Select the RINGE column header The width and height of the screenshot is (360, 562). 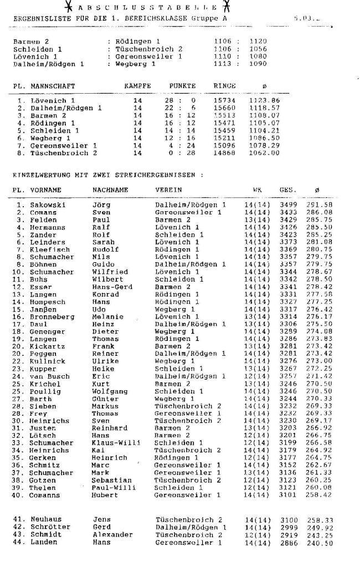[x=224, y=86]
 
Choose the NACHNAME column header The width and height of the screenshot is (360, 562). [x=110, y=190]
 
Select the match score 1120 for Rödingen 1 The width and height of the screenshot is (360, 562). [x=258, y=41]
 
